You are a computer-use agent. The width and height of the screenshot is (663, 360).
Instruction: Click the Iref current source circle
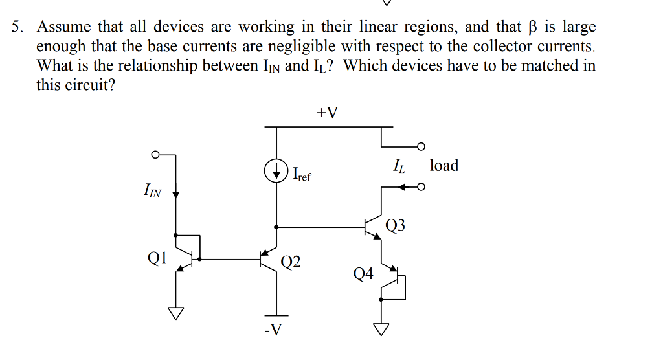pos(276,171)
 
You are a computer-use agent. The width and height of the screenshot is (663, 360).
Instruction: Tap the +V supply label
pos(328,113)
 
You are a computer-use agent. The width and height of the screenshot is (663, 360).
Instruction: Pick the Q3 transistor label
pos(395,225)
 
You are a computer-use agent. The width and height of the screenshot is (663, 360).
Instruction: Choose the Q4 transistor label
pos(363,274)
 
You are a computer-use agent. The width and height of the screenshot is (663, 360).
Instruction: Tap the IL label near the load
pos(399,167)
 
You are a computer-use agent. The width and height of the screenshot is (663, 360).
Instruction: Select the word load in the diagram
pos(444,166)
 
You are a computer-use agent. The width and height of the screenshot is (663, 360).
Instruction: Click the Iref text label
pos(302,174)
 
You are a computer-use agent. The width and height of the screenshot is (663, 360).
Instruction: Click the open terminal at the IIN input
pos(154,155)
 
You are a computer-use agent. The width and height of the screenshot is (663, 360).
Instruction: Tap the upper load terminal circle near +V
pos(421,146)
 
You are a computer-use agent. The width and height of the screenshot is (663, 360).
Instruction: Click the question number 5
pos(17,27)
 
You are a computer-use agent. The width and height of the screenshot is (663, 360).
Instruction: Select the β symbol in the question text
pos(534,27)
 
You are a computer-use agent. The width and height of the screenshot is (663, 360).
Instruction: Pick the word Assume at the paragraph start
pos(65,27)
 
